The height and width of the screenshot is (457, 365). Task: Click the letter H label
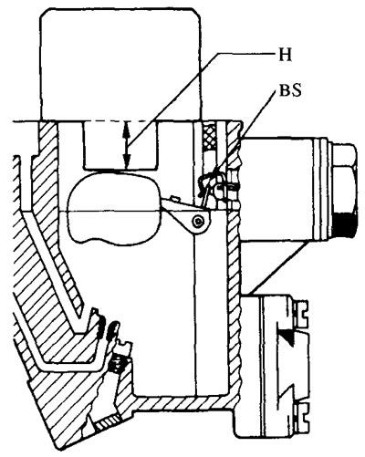(x=285, y=55)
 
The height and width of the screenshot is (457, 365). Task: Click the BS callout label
(x=290, y=90)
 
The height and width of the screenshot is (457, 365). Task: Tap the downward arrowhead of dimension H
(x=127, y=161)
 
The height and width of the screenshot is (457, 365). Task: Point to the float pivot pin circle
(x=199, y=222)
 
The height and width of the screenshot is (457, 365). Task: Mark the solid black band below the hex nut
(x=345, y=225)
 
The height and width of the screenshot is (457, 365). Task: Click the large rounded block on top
(x=120, y=65)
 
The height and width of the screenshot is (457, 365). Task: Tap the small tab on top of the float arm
(x=174, y=199)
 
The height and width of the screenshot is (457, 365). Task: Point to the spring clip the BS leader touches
(x=210, y=182)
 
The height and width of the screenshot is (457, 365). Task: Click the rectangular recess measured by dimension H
(x=120, y=145)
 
